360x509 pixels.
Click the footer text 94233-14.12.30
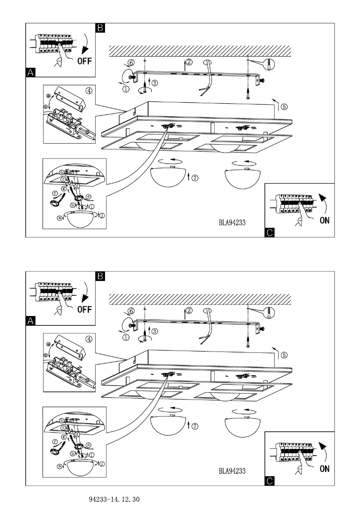coord(114,499)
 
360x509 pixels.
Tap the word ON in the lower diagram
coord(325,469)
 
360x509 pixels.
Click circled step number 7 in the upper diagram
coord(194,178)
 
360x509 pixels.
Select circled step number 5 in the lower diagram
coord(284,355)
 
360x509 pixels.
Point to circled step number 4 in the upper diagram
coord(89,90)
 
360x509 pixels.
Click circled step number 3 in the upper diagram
coord(154,83)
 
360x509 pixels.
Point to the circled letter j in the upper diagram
coord(103,215)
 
